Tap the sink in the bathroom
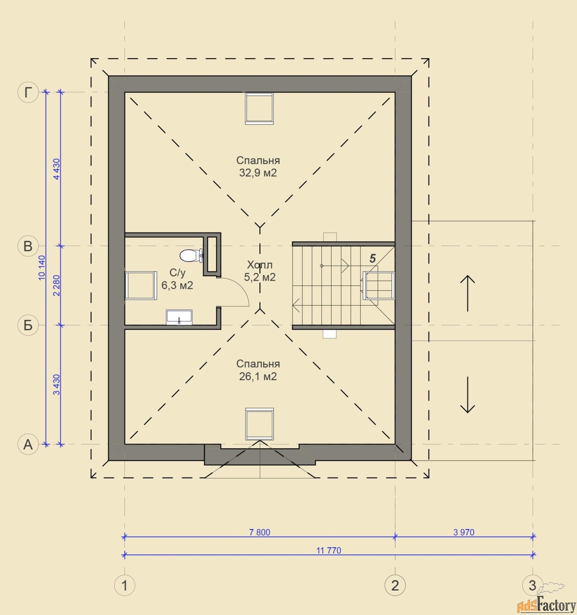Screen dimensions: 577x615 179,318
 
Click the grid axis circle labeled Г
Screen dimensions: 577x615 28,92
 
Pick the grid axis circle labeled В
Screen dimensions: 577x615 28,246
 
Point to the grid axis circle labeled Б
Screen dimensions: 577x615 28,325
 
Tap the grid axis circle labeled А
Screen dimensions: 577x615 28,444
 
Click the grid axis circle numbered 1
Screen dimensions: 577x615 125,586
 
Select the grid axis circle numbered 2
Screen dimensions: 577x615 395,586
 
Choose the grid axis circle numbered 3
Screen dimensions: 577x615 532,585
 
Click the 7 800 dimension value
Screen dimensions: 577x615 259,532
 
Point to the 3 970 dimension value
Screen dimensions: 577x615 464,532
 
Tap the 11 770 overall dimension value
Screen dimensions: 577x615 329,550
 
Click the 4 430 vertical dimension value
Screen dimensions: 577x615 57,169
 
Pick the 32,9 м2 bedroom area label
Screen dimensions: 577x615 258,173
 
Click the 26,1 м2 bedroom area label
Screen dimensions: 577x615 258,377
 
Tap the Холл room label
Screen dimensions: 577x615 259,265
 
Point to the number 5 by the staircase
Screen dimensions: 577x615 373,258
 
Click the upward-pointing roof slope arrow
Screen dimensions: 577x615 467,293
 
